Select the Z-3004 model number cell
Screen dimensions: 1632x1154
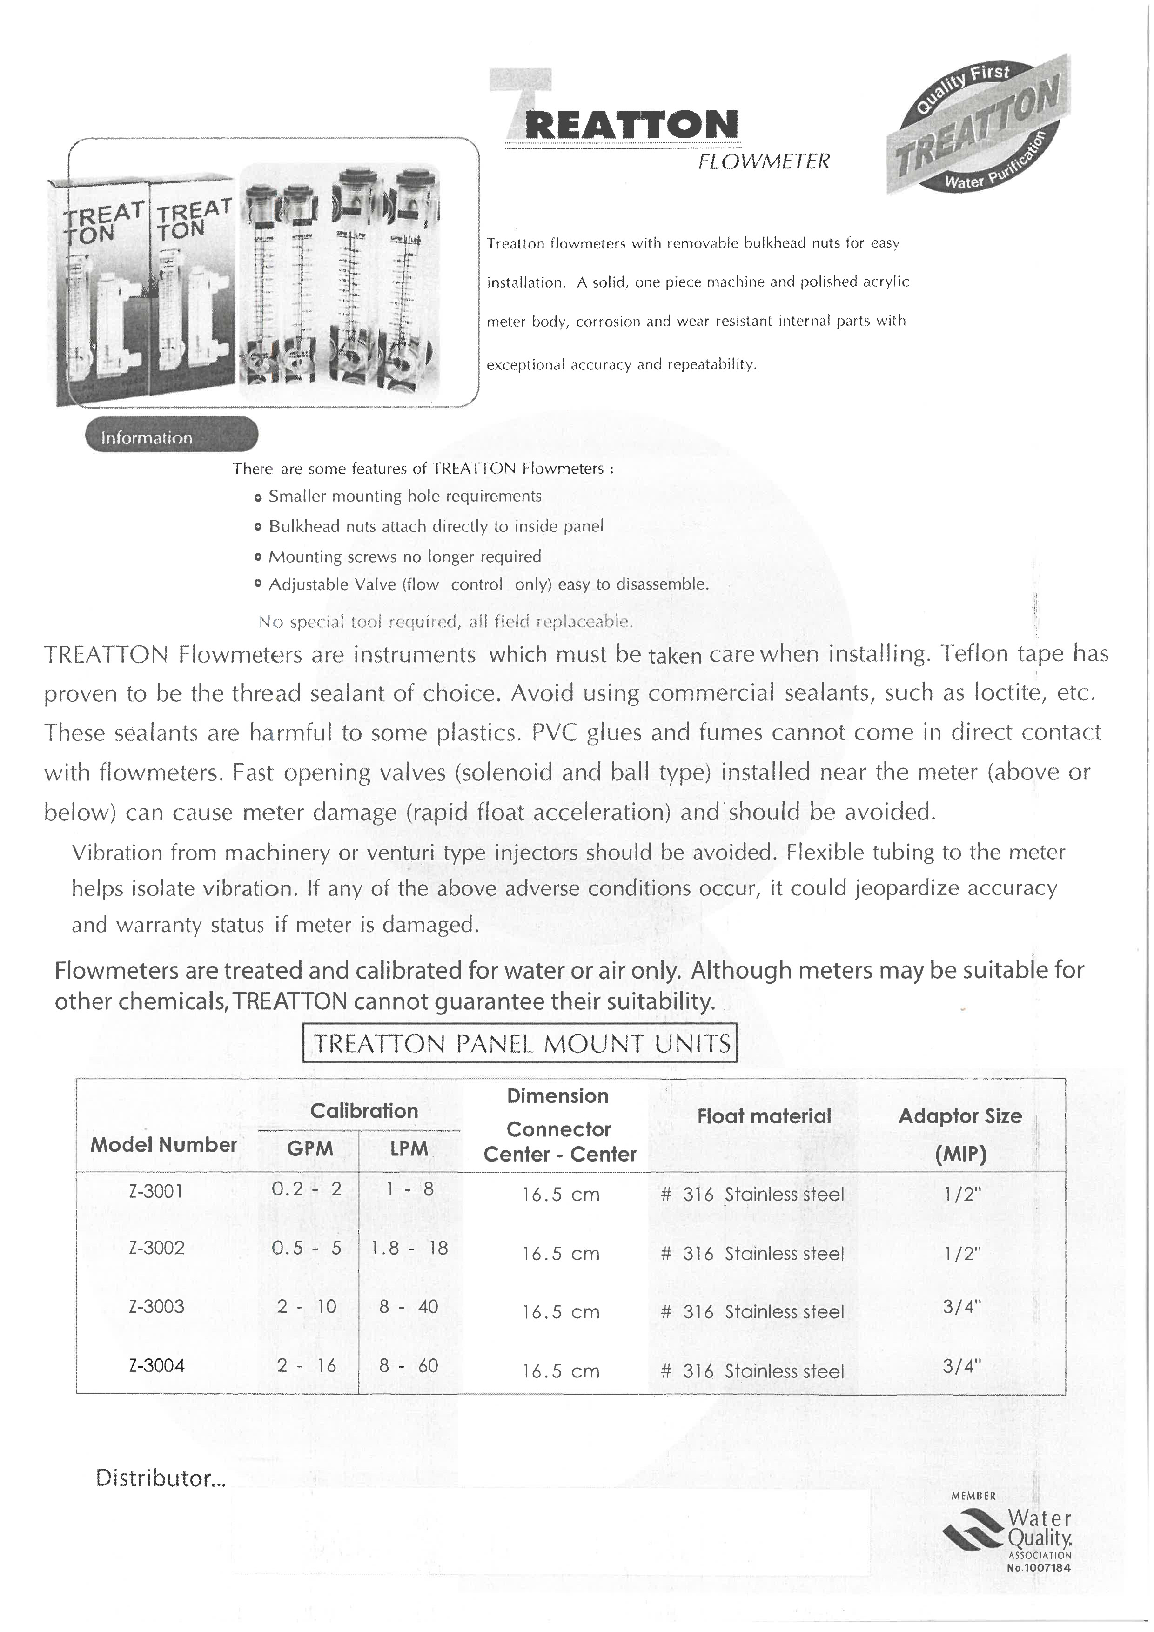point(156,1365)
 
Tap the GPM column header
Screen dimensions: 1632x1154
point(310,1148)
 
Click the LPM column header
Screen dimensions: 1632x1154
point(409,1148)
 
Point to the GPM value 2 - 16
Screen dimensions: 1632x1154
point(307,1365)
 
